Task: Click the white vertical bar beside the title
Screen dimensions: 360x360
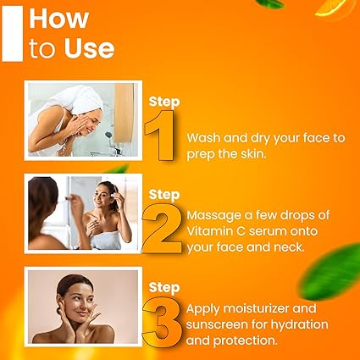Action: [13, 31]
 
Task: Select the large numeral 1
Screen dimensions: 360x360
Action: [162, 136]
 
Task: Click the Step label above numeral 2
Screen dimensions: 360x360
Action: [164, 195]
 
